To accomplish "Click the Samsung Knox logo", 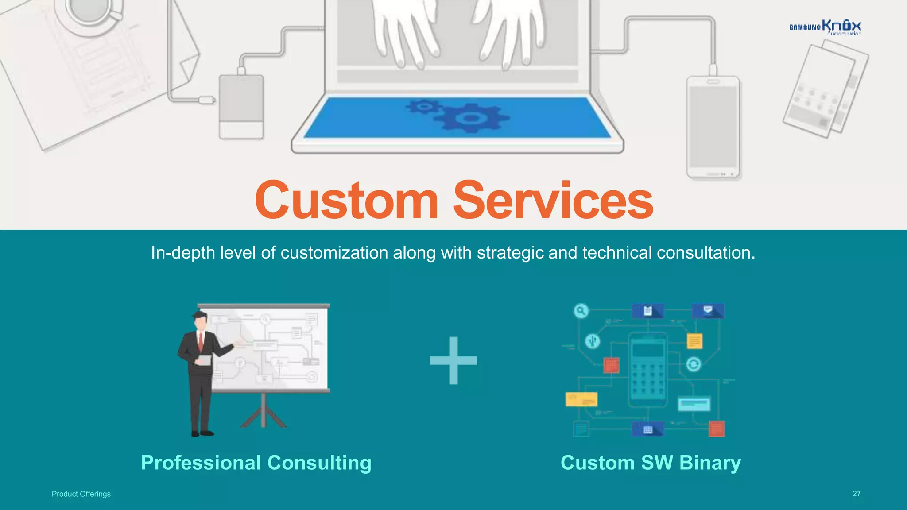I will (825, 27).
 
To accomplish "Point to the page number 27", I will (857, 494).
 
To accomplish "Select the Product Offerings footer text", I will (81, 494).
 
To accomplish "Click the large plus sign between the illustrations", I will (453, 360).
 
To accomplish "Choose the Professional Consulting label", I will (256, 463).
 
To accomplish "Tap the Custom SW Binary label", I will (651, 463).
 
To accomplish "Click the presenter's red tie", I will (201, 341).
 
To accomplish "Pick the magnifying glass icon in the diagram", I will (581, 311).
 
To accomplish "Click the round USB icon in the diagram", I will (593, 341).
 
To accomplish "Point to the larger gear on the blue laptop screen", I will (471, 118).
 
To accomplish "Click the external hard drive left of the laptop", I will (241, 107).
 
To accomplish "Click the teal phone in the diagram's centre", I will (648, 370).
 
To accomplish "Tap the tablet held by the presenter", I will (204, 360).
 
